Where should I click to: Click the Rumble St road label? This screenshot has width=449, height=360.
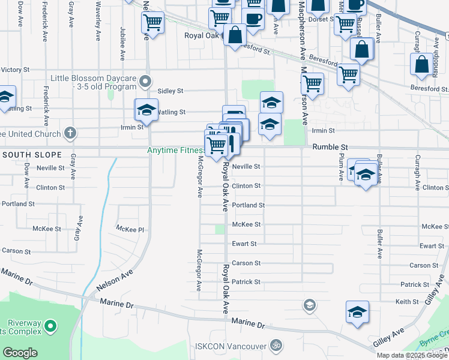[330, 147]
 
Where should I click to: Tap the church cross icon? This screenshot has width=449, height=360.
[70, 133]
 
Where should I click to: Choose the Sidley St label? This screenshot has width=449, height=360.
[170, 91]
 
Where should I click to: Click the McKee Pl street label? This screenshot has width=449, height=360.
[130, 229]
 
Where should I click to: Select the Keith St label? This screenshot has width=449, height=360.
[406, 301]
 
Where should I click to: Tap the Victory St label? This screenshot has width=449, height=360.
[14, 70]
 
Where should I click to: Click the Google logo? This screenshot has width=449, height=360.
[20, 353]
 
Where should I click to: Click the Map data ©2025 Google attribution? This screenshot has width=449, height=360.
[411, 355]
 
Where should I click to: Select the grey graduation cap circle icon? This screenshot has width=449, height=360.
[309, 305]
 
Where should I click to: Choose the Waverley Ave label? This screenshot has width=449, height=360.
[98, 13]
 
